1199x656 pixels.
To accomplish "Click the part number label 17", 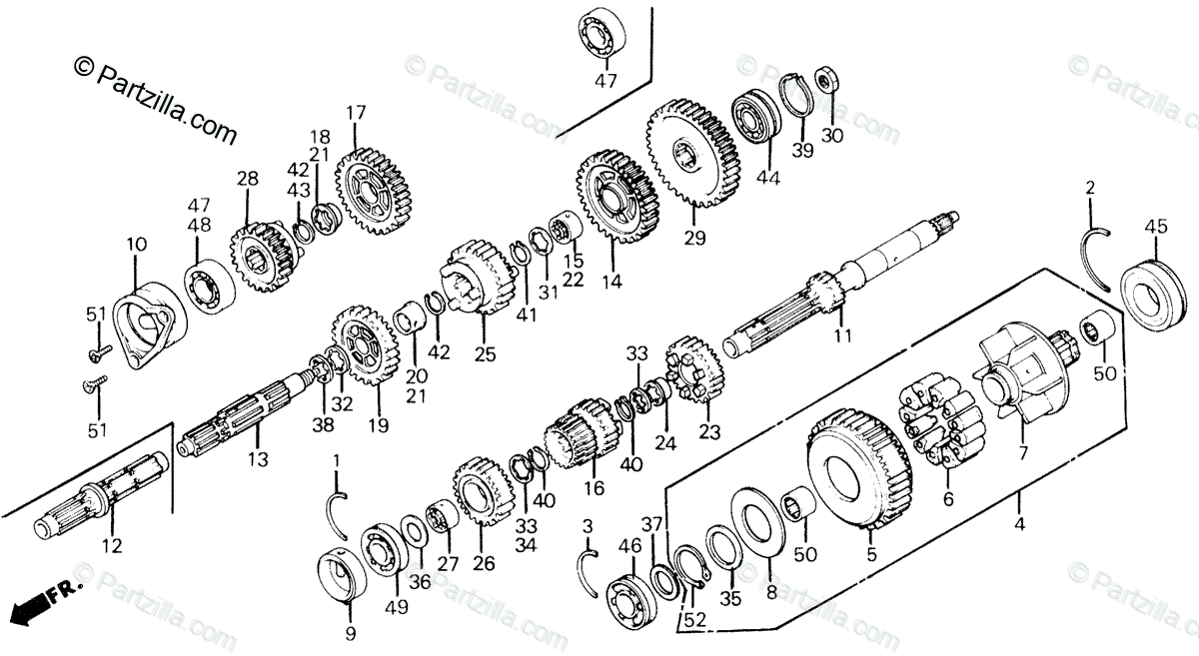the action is tap(357, 113).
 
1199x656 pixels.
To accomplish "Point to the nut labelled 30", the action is tap(828, 79).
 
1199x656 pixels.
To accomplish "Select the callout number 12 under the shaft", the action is tap(112, 546).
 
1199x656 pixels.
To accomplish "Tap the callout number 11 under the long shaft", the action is tap(843, 336).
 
